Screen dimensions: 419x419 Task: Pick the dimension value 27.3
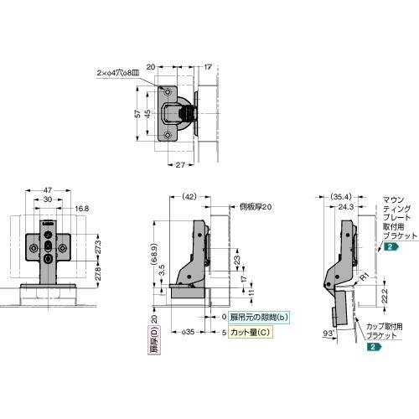point(98,250)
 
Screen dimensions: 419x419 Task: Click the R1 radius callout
point(364,274)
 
